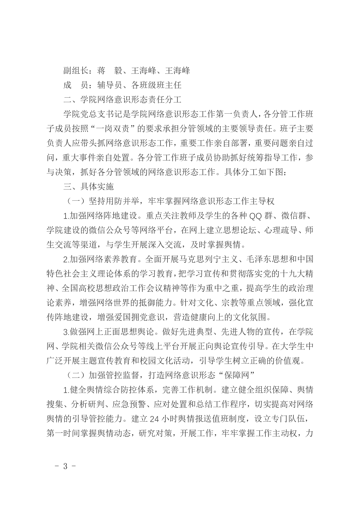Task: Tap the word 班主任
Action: click(x=169, y=85)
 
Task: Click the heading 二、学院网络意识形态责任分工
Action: click(x=122, y=100)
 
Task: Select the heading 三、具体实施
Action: click(x=89, y=187)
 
